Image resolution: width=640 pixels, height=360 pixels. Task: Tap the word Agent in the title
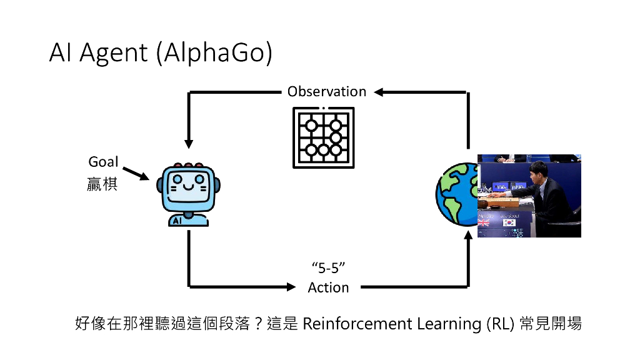114,54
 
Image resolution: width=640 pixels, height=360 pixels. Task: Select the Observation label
327,91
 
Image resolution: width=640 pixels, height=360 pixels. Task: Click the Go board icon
324,137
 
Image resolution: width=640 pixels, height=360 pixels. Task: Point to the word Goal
103,162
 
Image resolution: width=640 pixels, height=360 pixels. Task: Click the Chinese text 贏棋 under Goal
102,184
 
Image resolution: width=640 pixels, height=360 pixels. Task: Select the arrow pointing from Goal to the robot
136,174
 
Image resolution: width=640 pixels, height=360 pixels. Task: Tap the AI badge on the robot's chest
177,221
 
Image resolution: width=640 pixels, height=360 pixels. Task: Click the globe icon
456,194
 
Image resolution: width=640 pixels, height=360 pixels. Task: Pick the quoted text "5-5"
329,268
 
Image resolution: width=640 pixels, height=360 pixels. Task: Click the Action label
329,287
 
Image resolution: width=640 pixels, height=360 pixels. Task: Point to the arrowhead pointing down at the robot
189,144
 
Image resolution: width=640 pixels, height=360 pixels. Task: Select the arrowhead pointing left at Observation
378,92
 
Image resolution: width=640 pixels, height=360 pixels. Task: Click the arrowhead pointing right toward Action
291,287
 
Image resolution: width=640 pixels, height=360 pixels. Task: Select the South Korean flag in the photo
509,223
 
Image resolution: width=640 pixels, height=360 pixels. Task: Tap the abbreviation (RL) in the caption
501,324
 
